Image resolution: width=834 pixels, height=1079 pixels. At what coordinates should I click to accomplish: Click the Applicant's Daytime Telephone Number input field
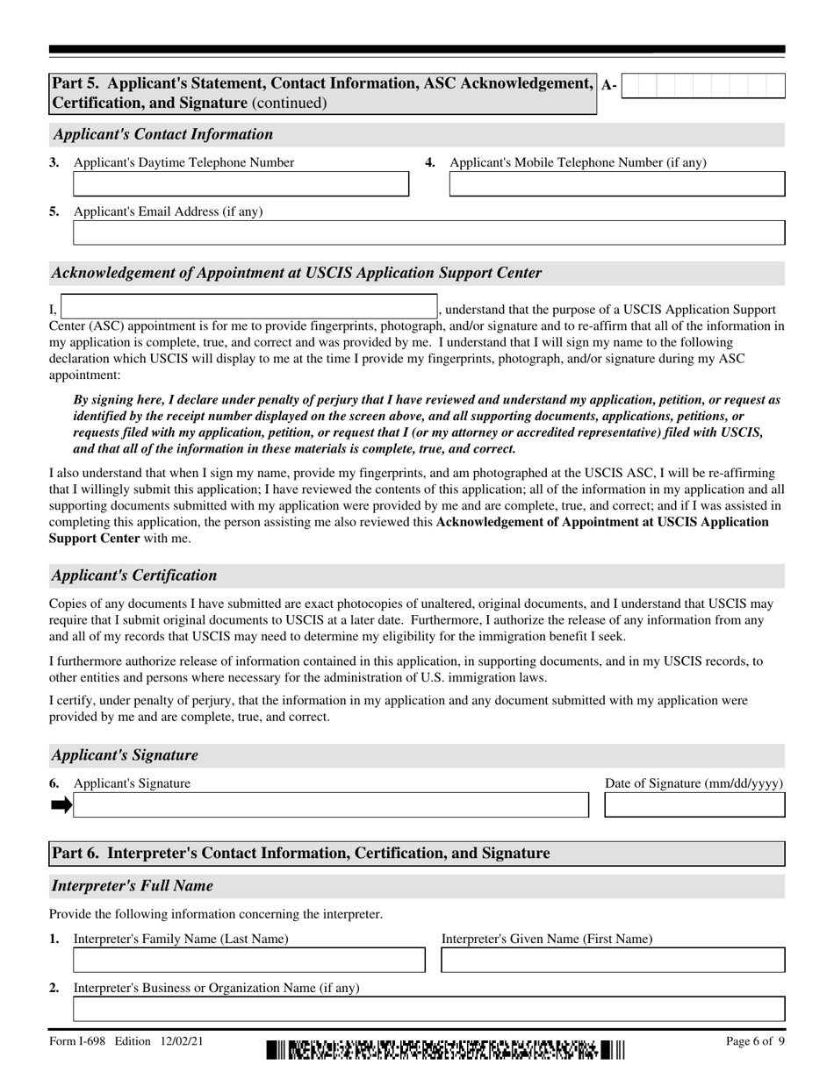[x=241, y=184]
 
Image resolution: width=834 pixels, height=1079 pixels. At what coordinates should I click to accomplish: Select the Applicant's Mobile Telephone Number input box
[x=617, y=184]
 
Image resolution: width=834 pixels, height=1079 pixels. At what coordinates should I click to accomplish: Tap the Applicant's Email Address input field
[x=428, y=233]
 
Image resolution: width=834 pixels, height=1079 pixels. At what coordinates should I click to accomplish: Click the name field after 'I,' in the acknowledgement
[x=248, y=307]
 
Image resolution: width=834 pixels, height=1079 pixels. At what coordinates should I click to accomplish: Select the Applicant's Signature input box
[x=330, y=805]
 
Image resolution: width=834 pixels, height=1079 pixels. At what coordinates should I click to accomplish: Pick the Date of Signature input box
[x=694, y=805]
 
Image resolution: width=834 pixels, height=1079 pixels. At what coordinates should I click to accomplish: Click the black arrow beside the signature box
[x=61, y=805]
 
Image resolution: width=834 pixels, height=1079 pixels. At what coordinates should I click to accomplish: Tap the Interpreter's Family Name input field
[x=248, y=961]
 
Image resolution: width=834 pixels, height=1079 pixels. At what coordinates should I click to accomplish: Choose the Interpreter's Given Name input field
[x=613, y=961]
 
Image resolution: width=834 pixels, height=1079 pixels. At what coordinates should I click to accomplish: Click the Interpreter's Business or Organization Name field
[x=428, y=1010]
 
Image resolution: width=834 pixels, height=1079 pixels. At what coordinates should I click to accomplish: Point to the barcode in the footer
[x=446, y=1050]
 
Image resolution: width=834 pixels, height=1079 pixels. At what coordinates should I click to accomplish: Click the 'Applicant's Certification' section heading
[x=133, y=575]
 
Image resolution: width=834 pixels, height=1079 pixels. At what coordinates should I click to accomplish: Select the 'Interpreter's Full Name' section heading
[x=132, y=886]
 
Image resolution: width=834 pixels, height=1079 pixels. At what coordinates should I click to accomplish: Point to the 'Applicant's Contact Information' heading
[x=162, y=134]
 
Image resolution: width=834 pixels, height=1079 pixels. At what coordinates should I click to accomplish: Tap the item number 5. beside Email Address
[x=54, y=211]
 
